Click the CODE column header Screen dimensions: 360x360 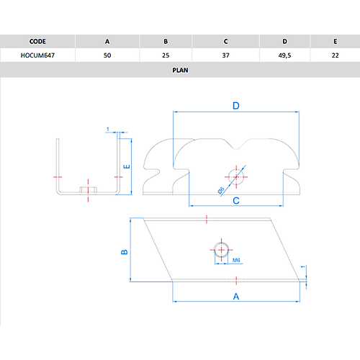[x=37, y=42]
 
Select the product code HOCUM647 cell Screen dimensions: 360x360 [x=37, y=55]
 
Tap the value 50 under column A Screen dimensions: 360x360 [x=107, y=55]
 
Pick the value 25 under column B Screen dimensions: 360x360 [x=166, y=55]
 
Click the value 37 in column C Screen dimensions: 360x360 [x=225, y=55]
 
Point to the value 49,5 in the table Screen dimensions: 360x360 [x=284, y=55]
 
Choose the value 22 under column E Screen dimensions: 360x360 [x=335, y=55]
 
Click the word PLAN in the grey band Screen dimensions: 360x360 [x=180, y=70]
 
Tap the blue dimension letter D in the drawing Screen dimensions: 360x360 [x=236, y=106]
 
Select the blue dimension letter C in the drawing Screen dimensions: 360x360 [x=236, y=200]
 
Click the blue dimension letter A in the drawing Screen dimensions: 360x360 [x=236, y=297]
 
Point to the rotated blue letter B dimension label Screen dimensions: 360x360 [x=125, y=252]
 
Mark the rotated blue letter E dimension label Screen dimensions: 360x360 [x=127, y=166]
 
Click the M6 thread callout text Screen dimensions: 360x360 [x=236, y=260]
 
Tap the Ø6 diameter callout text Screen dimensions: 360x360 [x=221, y=190]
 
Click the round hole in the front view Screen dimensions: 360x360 [x=236, y=177]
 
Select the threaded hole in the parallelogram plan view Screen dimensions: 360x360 [x=221, y=250]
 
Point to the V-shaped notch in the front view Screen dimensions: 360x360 [x=236, y=145]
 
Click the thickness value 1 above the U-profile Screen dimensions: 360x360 [x=108, y=129]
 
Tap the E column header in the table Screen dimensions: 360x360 [x=336, y=42]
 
